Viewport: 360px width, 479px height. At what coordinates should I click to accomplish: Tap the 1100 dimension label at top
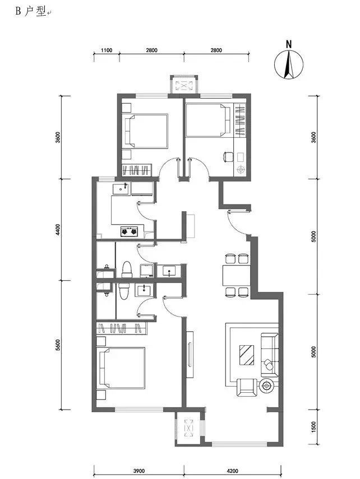pyautogui.click(x=107, y=50)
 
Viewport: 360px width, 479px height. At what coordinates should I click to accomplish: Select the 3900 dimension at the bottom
pyautogui.click(x=139, y=471)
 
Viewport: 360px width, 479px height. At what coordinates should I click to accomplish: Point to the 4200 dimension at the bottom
pyautogui.click(x=233, y=471)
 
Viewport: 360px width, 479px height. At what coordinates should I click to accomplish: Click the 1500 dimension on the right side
pyautogui.click(x=313, y=427)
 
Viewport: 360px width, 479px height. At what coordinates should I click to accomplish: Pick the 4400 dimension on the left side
pyautogui.click(x=58, y=230)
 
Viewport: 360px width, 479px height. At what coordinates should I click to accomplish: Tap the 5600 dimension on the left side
pyautogui.click(x=58, y=345)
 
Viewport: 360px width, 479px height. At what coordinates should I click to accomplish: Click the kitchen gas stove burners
pyautogui.click(x=129, y=231)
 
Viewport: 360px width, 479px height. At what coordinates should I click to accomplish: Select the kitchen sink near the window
pyautogui.click(x=121, y=189)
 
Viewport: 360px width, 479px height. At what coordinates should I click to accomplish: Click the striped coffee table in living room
pyautogui.click(x=247, y=355)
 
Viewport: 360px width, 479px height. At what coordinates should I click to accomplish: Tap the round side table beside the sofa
pyautogui.click(x=267, y=386)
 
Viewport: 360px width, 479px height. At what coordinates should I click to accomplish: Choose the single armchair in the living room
pyautogui.click(x=247, y=387)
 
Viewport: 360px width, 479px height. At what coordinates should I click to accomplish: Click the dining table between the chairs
pyautogui.click(x=236, y=276)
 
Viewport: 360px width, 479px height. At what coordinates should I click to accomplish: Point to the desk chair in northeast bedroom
pyautogui.click(x=228, y=157)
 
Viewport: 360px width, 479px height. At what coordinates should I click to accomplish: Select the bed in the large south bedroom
pyautogui.click(x=122, y=368)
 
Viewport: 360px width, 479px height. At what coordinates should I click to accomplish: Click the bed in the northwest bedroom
pyautogui.click(x=145, y=131)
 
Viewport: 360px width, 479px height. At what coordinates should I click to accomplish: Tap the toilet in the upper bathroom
pyautogui.click(x=127, y=269)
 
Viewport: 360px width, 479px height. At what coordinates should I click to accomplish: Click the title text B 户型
pyautogui.click(x=31, y=11)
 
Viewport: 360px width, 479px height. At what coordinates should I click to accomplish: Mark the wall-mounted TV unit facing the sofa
pyautogui.click(x=190, y=355)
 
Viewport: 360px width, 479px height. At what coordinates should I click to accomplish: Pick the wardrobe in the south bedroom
pyautogui.click(x=122, y=328)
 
